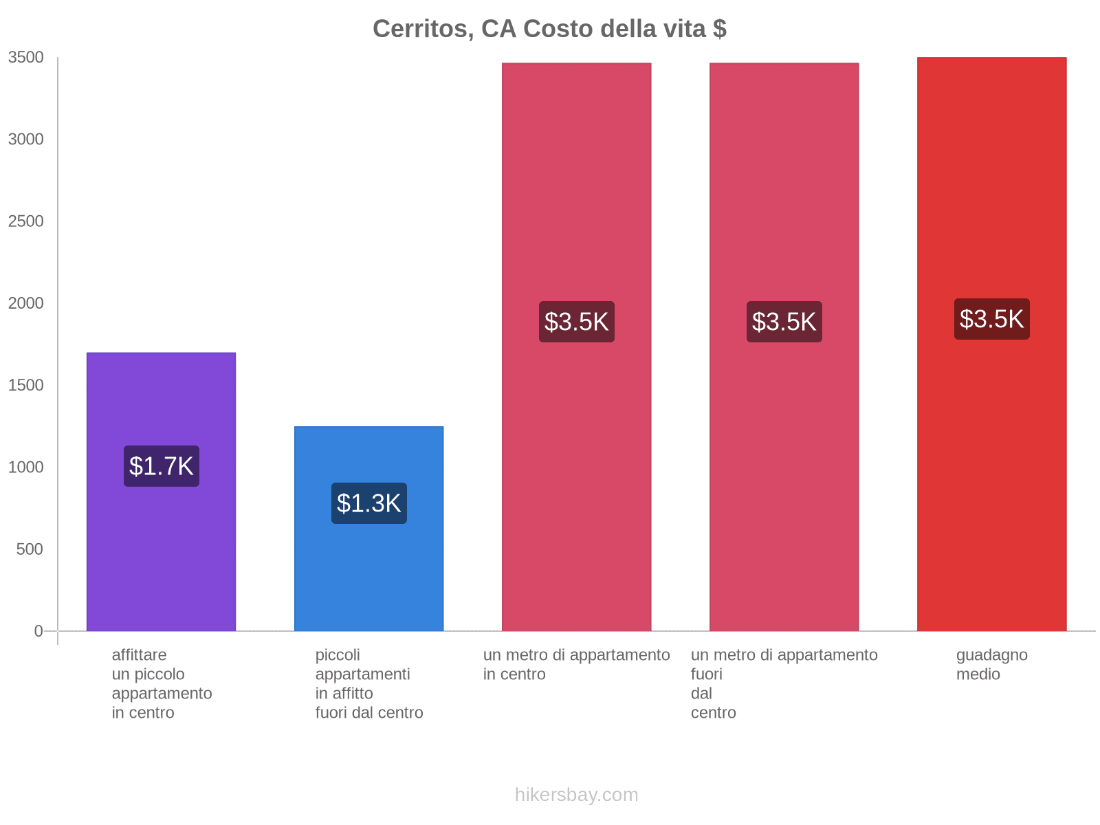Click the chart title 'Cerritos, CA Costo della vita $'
[x=549, y=29]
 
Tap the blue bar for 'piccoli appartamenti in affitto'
[x=368, y=577]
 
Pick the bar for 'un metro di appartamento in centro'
[x=576, y=206]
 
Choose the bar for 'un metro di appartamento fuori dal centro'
[x=784, y=206]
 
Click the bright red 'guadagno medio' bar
[x=991, y=206]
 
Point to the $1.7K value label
[x=162, y=466]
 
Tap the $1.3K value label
[x=369, y=503]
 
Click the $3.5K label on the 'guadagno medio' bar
[x=991, y=319]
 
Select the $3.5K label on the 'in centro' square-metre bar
[x=576, y=322]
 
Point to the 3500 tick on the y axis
[x=26, y=58]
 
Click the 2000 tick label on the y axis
[x=26, y=303]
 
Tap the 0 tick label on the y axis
[x=38, y=631]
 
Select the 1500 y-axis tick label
[x=26, y=385]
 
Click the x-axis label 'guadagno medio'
[x=991, y=664]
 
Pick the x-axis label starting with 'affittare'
[x=162, y=683]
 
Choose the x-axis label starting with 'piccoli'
[x=369, y=683]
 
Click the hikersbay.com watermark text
[x=576, y=795]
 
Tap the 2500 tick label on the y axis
[x=26, y=221]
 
